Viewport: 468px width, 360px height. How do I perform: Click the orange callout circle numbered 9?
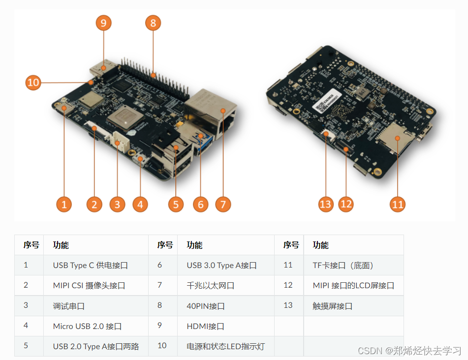pyautogui.click(x=103, y=23)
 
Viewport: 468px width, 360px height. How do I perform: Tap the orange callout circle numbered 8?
pyautogui.click(x=153, y=23)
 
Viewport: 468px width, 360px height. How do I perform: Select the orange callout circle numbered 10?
pyautogui.click(x=33, y=83)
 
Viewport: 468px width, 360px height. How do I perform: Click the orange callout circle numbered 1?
pyautogui.click(x=64, y=204)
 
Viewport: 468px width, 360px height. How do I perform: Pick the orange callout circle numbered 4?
pyautogui.click(x=140, y=204)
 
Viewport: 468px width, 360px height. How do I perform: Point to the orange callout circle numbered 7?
pyautogui.click(x=223, y=204)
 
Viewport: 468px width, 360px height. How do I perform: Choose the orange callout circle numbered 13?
pyautogui.click(x=326, y=204)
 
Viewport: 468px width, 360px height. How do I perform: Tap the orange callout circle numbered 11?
pyautogui.click(x=397, y=204)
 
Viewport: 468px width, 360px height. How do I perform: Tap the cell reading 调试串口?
pyautogui.click(x=69, y=306)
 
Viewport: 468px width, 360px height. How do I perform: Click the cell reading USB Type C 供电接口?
pyautogui.click(x=91, y=265)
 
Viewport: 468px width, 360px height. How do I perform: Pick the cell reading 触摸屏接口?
pyautogui.click(x=333, y=306)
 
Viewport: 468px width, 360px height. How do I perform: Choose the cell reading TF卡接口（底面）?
pyautogui.click(x=344, y=265)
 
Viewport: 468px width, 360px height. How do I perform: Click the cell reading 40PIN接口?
pyautogui.click(x=206, y=306)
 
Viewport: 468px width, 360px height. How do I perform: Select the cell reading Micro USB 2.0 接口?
pyautogui.click(x=87, y=326)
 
